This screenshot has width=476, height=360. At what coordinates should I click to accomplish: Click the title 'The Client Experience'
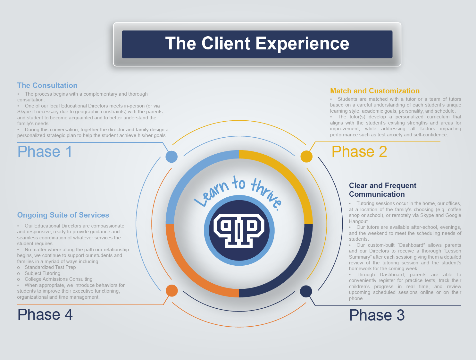pyautogui.click(x=257, y=44)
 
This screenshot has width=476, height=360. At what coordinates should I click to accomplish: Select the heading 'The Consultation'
pyautogui.click(x=47, y=85)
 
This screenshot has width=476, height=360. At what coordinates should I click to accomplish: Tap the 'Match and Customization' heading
pyautogui.click(x=375, y=91)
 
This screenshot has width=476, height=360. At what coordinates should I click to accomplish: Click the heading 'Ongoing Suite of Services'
pyautogui.click(x=63, y=215)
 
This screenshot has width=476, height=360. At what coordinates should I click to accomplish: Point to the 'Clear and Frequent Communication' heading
pyautogui.click(x=382, y=190)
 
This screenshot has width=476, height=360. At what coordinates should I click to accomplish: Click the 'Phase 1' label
pyautogui.click(x=45, y=151)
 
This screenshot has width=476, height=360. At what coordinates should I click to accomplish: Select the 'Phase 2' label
pyautogui.click(x=359, y=151)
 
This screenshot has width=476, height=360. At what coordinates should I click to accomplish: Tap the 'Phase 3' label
pyautogui.click(x=377, y=315)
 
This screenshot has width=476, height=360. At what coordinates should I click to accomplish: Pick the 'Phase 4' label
pyautogui.click(x=45, y=314)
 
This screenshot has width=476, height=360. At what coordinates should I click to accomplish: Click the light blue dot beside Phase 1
pyautogui.click(x=171, y=157)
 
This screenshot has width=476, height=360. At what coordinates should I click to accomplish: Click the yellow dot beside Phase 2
pyautogui.click(x=306, y=157)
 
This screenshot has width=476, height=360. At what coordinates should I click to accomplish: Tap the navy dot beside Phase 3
pyautogui.click(x=306, y=291)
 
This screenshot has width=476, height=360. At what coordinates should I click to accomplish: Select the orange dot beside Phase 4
pyautogui.click(x=172, y=291)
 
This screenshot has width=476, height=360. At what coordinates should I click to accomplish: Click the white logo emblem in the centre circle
pyautogui.click(x=239, y=230)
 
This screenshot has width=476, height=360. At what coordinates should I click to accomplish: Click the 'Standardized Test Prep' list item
pyautogui.click(x=50, y=267)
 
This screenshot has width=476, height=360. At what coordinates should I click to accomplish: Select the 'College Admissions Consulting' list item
pyautogui.click(x=59, y=279)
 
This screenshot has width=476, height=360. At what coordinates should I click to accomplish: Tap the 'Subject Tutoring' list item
pyautogui.click(x=43, y=273)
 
